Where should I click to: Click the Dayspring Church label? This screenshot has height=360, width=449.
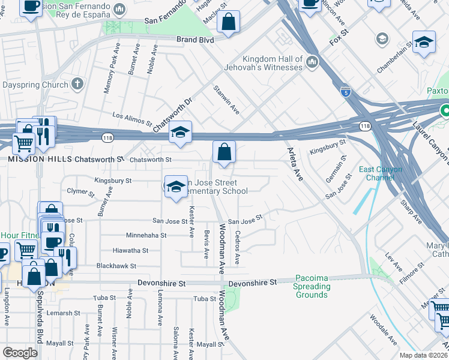click(34, 85)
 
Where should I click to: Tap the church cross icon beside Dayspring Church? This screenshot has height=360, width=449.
click(77, 85)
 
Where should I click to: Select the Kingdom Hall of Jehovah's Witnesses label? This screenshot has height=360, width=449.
click(272, 63)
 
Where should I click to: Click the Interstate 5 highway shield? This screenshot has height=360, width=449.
click(345, 92)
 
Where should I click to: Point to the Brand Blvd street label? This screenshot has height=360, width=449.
click(195, 40)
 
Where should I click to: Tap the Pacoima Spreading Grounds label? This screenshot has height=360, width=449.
click(312, 287)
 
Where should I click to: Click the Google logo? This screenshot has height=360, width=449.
click(20, 352)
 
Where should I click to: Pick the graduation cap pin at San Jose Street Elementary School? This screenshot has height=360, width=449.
click(176, 187)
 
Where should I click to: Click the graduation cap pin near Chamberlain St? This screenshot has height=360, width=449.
click(424, 43)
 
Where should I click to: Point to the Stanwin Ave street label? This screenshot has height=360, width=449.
click(227, 100)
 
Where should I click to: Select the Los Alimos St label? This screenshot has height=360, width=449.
click(132, 119)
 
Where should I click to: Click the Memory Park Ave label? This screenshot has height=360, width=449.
click(108, 76)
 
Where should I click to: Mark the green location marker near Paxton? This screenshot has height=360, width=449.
click(445, 111)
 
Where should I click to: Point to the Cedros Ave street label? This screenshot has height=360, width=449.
click(238, 247)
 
